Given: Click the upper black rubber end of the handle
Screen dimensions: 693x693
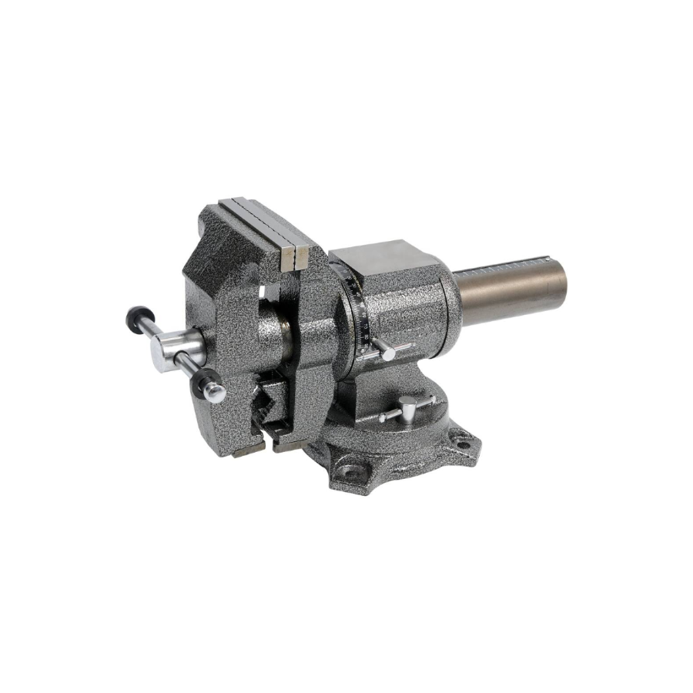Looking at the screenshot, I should [137, 316].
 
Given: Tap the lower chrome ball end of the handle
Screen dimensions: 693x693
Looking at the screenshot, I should [215, 393].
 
